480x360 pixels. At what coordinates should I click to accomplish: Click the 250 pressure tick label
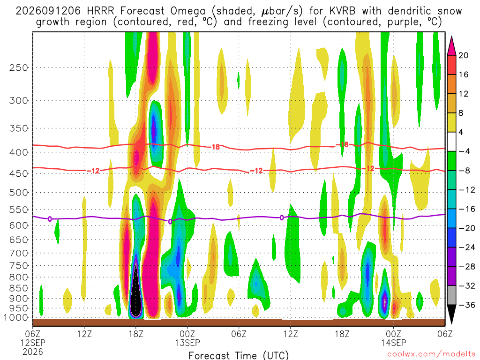coord(18,67)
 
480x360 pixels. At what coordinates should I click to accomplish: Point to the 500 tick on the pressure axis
coord(18,193)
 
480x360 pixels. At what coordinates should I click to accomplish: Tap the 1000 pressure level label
coord(15,318)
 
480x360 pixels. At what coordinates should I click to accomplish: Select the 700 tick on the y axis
coord(18,253)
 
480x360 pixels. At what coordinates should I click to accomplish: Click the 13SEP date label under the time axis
coord(187,343)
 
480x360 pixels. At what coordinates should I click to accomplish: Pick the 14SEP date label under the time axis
coord(394,343)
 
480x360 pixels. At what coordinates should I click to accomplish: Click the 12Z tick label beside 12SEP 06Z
coord(84,333)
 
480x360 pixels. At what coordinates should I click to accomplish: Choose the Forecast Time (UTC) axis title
coord(239,355)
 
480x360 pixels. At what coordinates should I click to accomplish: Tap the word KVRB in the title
coord(343,11)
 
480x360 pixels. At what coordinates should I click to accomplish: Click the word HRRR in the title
coord(100,11)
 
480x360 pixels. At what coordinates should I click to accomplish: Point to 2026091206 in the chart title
coord(48,11)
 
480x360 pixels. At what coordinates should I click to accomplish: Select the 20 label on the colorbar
coord(463,55)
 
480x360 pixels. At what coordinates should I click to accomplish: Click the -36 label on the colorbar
coord(466,305)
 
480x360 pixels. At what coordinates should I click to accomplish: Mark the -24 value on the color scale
coord(466,247)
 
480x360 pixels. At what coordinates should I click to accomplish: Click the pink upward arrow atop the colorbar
coord(451,46)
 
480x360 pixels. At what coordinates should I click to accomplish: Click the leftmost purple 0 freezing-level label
coord(50,219)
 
